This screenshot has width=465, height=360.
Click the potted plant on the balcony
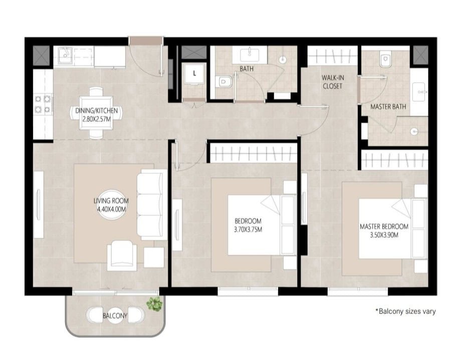click(154, 304)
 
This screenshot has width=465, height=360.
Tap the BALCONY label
click(115, 315)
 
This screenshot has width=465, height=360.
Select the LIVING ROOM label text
click(111, 201)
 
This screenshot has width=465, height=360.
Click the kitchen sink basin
click(65, 55)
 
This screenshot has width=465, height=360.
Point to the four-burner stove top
click(43, 104)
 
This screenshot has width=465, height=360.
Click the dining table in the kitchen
click(96, 113)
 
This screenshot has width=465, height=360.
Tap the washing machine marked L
click(194, 74)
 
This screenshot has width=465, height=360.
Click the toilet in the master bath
click(385, 60)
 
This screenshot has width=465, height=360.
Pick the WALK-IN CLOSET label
click(333, 82)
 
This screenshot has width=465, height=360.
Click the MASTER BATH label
click(388, 107)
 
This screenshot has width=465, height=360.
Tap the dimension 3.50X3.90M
click(384, 235)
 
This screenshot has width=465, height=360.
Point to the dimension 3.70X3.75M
click(248, 229)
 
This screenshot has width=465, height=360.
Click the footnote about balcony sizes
click(405, 311)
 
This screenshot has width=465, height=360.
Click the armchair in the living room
click(122, 255)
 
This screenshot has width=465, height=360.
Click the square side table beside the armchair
click(154, 257)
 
